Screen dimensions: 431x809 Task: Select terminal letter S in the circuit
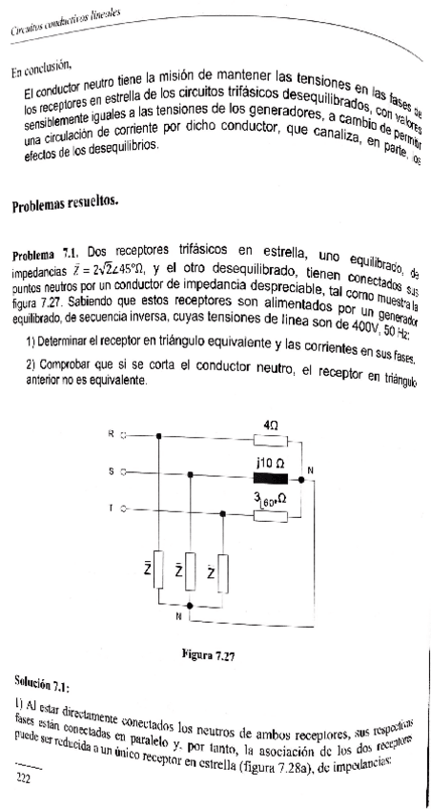coord(112,472)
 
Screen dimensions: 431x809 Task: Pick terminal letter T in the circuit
coord(112,508)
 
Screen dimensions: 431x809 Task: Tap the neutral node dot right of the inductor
coord(301,473)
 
